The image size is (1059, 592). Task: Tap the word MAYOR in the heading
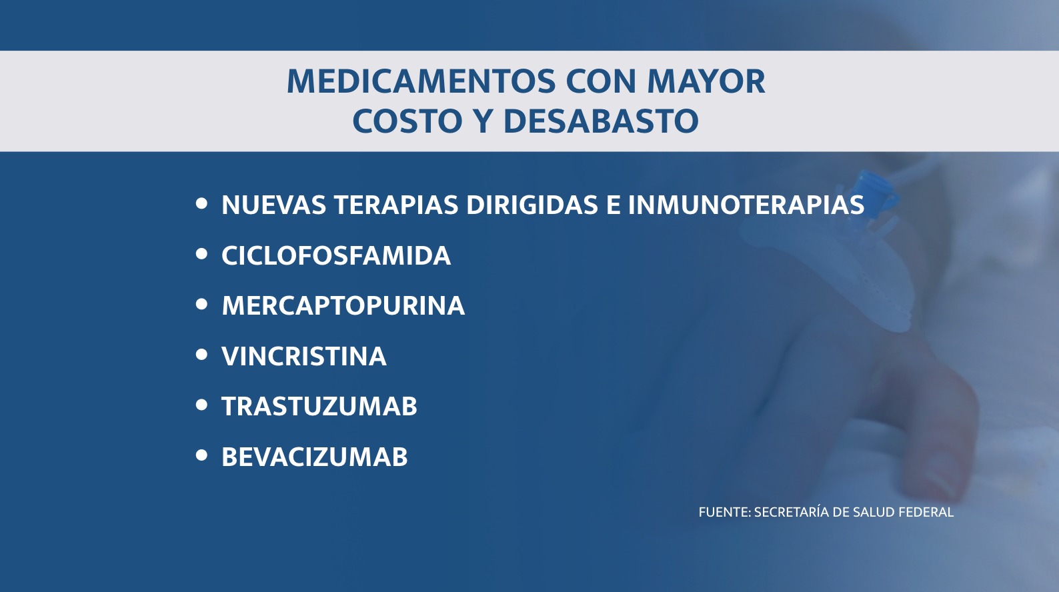706,82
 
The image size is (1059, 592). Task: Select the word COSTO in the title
407,121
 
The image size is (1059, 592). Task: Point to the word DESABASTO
601,121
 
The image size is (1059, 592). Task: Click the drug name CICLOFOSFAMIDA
336,255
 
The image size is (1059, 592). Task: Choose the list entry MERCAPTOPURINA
343,306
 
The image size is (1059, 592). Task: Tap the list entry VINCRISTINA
304,356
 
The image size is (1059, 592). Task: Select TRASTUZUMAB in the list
319,406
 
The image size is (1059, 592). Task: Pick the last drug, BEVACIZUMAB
314,457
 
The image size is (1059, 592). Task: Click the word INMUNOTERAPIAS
746,205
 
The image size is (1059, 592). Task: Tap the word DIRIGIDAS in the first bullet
532,205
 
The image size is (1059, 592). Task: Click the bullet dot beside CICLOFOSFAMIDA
201,254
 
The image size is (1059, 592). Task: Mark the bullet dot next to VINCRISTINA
201,355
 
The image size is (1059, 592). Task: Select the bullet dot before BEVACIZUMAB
201,455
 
